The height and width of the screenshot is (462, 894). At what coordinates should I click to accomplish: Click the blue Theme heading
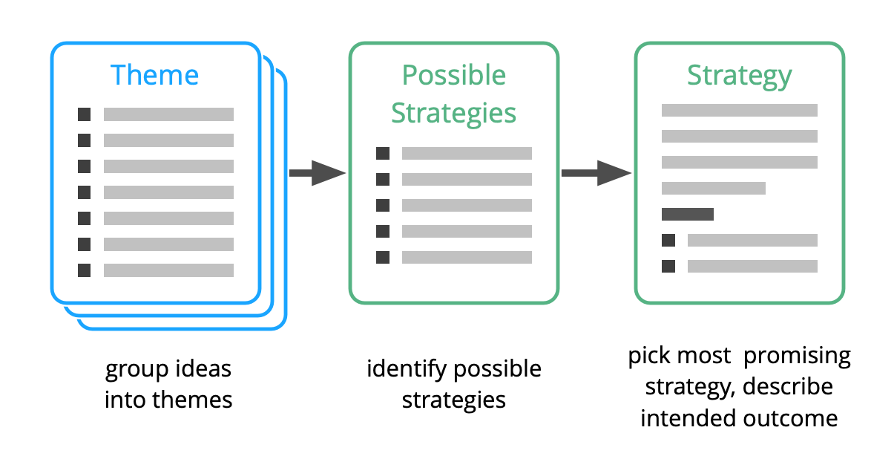pos(154,76)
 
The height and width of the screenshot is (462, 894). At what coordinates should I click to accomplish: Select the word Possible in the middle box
pos(453,76)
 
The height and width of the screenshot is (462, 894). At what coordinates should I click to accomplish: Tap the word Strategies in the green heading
pos(453,113)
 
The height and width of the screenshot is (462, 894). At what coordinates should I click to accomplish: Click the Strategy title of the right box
pos(739,76)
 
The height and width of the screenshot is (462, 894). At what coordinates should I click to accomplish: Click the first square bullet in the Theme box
pos(85,114)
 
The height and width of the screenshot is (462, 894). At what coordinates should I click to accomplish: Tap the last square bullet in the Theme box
pos(85,270)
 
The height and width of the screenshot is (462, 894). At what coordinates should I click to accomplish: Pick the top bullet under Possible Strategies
pos(383,154)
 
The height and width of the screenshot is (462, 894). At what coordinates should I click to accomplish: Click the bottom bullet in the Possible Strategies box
pos(383,258)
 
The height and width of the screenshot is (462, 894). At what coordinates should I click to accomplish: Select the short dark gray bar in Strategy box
pos(687,215)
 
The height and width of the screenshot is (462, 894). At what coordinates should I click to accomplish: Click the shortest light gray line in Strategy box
pos(713,189)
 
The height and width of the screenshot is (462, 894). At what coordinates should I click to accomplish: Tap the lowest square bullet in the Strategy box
pos(668,266)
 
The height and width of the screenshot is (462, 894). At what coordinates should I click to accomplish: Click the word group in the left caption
pos(133,369)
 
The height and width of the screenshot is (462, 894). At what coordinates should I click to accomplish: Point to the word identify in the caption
pos(407,368)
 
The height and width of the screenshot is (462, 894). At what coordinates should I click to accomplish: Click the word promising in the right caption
pos(797,357)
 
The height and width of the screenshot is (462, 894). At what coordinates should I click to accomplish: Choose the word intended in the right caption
pos(688,418)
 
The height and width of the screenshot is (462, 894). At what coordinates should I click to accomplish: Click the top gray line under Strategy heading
pos(739,111)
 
